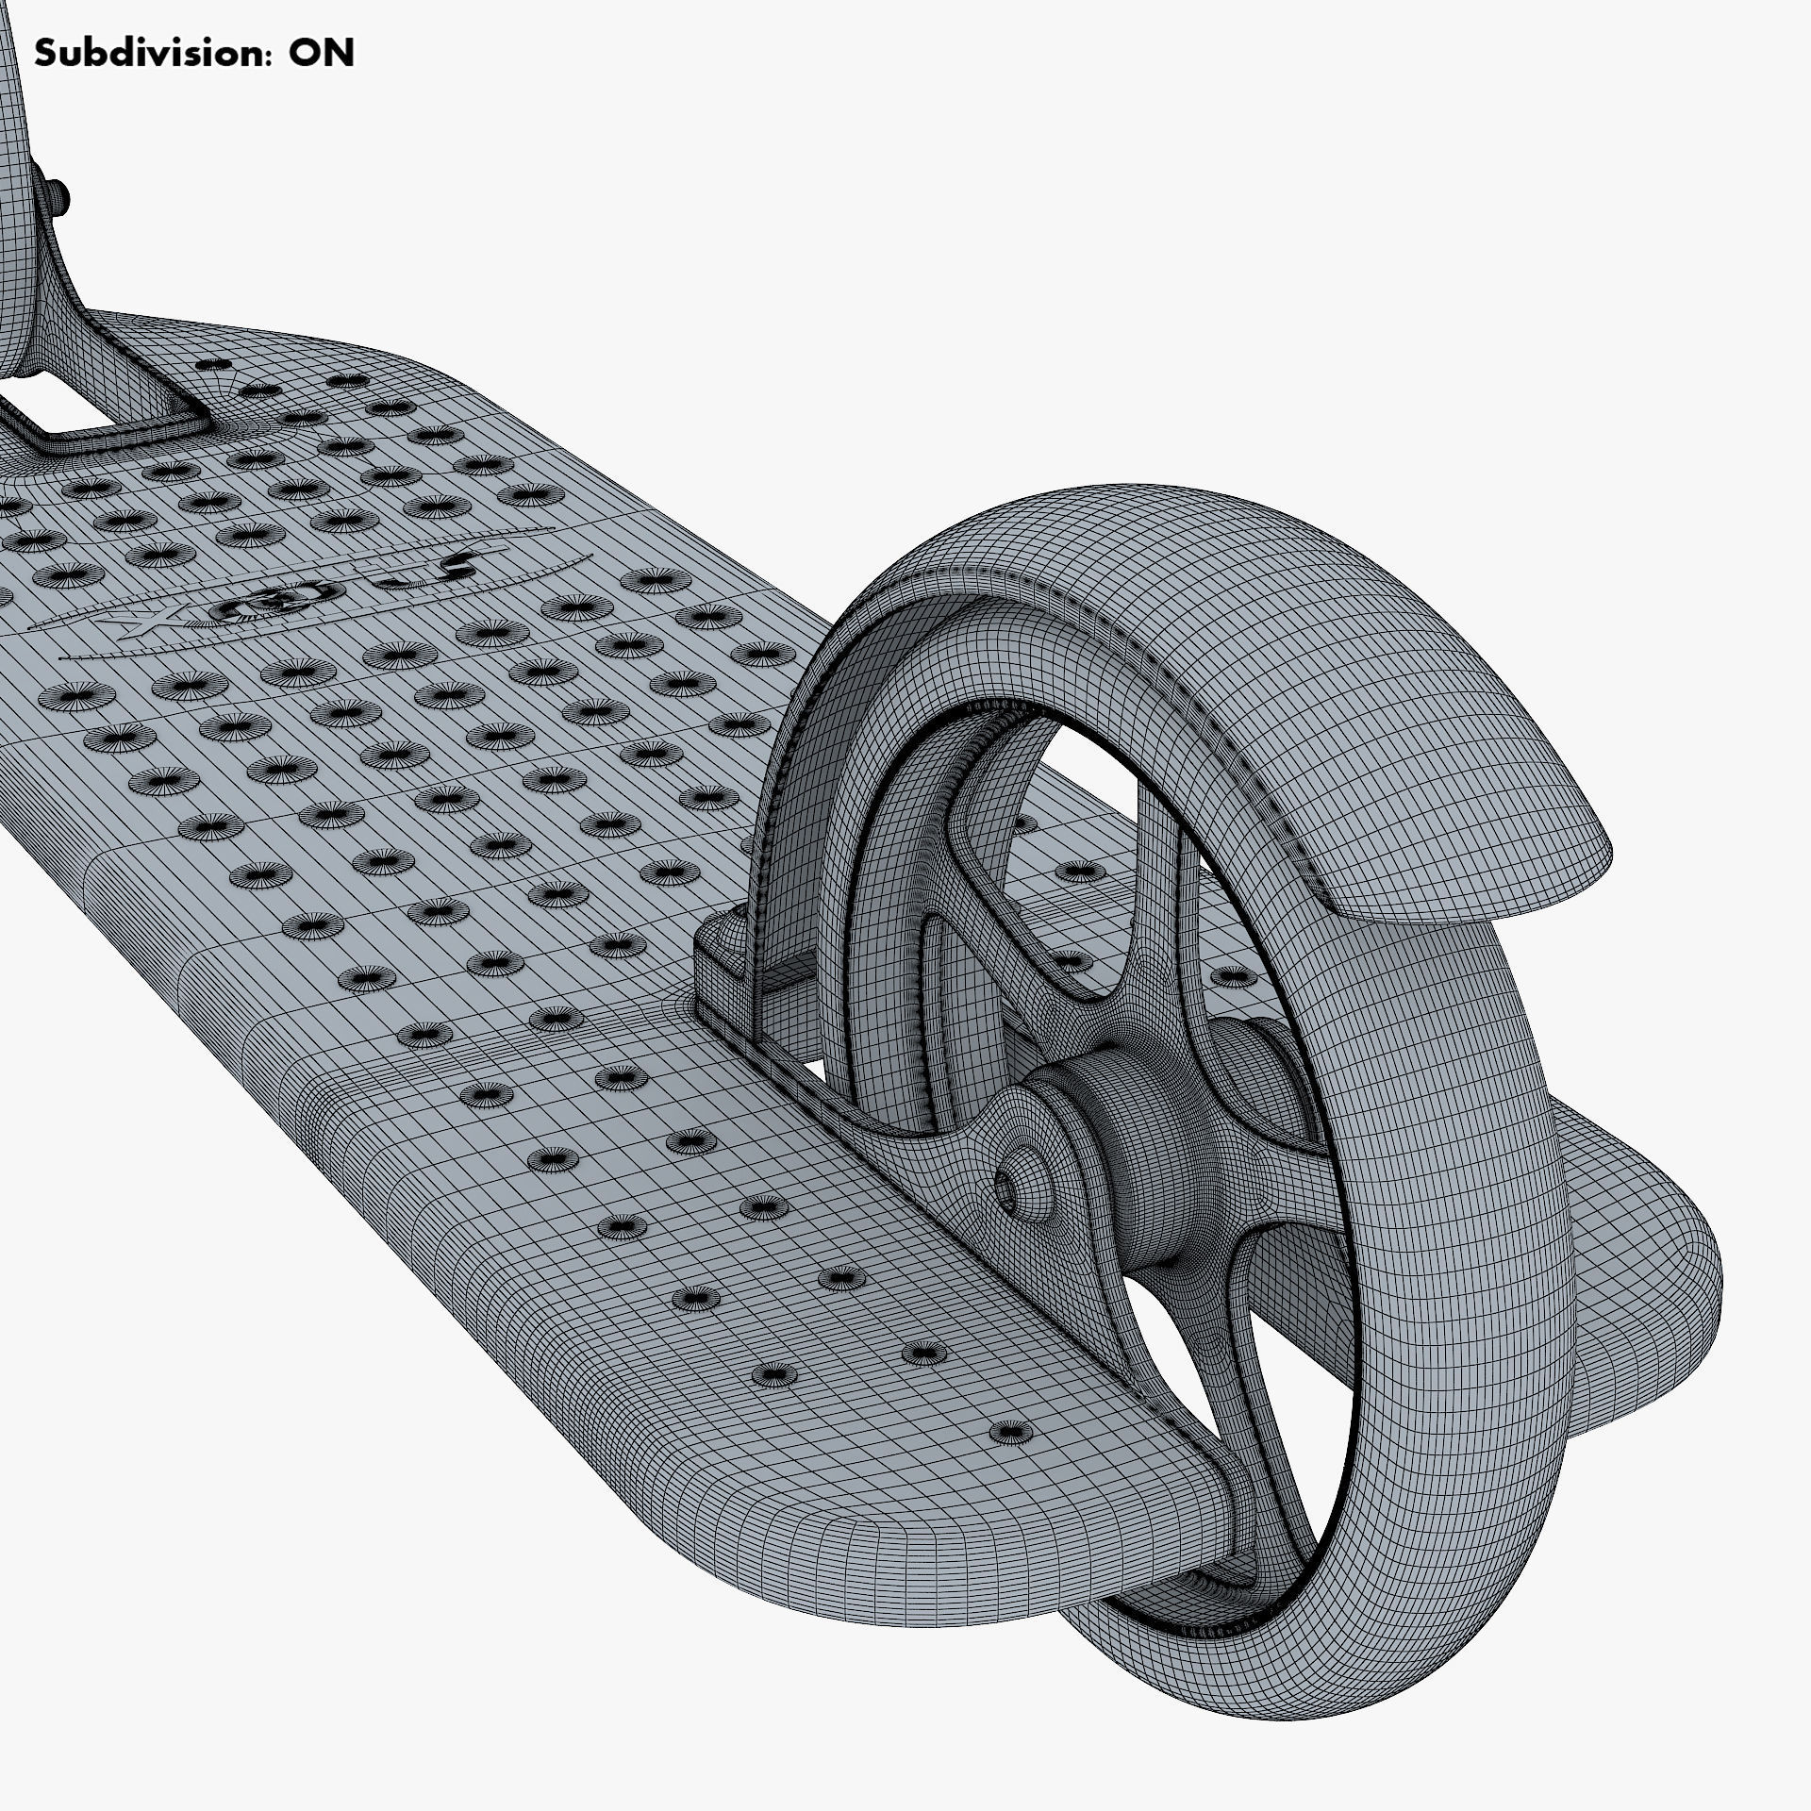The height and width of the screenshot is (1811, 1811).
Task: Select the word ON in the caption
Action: tap(322, 54)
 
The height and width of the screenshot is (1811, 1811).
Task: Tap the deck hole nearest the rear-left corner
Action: tap(1010, 1459)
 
